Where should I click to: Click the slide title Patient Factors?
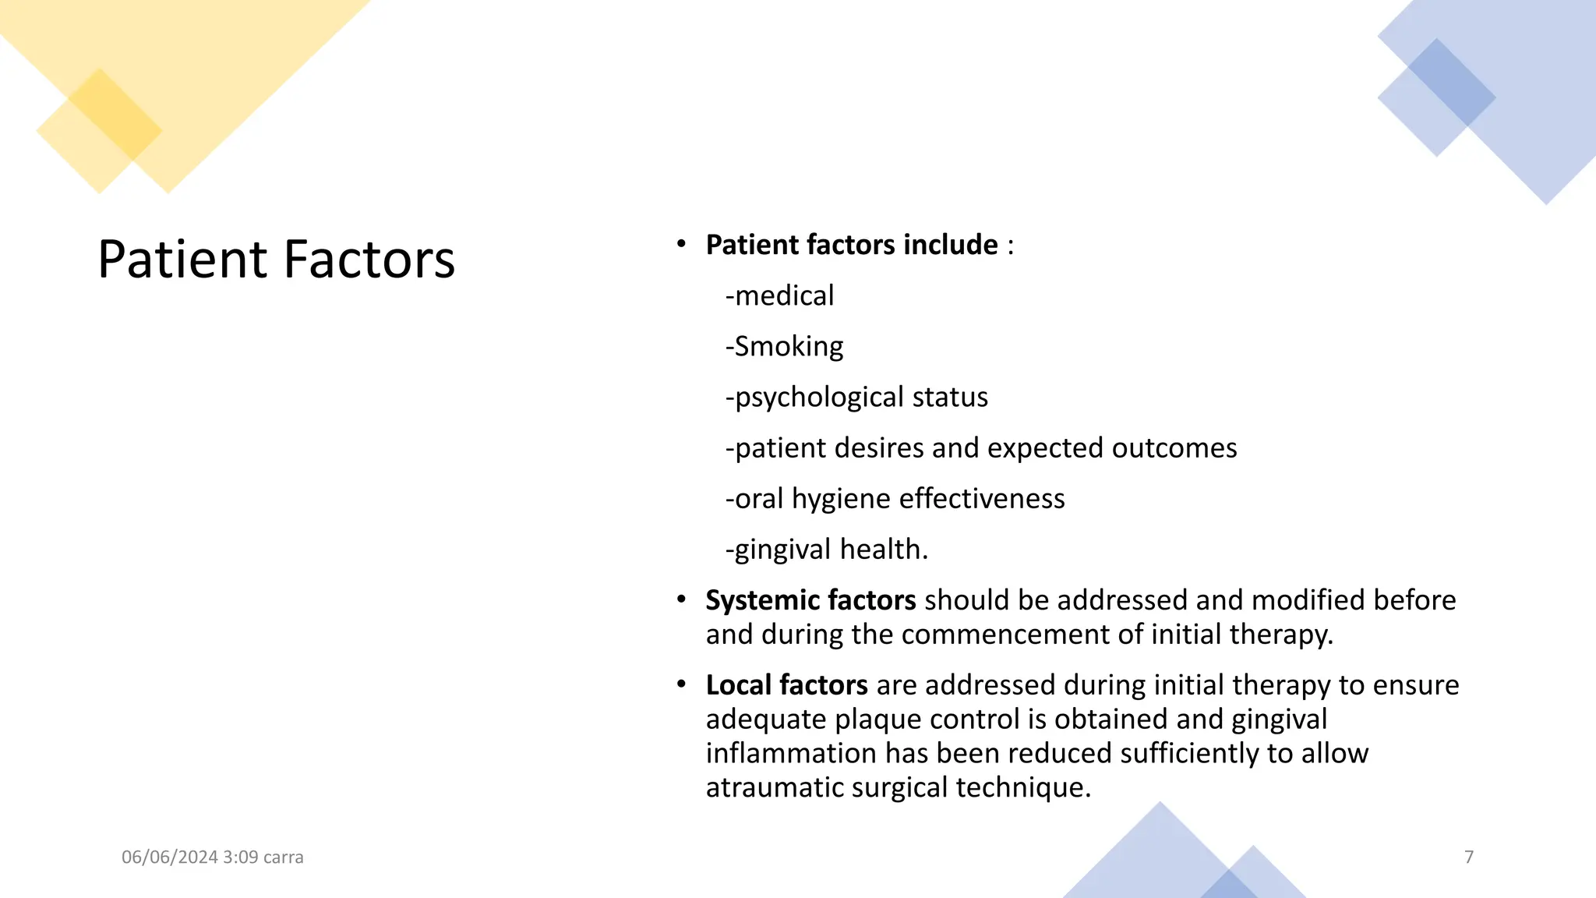(x=276, y=259)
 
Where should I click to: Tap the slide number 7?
(x=1469, y=857)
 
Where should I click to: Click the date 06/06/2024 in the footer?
(x=169, y=857)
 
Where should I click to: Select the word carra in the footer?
(x=284, y=857)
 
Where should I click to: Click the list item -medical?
(x=779, y=296)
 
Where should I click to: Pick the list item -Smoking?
(x=784, y=347)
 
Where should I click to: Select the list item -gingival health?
(x=827, y=550)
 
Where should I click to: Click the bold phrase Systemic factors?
(x=810, y=600)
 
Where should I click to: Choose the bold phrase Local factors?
(x=786, y=685)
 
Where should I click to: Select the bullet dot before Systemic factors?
(x=681, y=599)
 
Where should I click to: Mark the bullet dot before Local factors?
(x=681, y=684)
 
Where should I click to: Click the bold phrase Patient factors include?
(x=852, y=245)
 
